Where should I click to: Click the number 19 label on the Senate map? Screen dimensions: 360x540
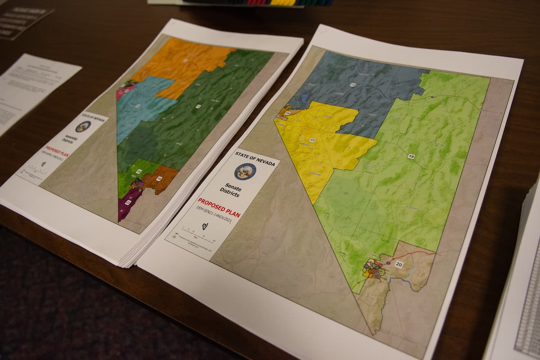tap(411, 156)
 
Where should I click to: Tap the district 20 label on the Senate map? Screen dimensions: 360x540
tap(399, 264)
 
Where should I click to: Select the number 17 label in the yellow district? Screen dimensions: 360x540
tap(313, 140)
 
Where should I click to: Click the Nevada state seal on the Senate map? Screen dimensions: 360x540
tap(245, 171)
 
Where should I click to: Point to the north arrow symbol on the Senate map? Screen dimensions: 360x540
tap(205, 226)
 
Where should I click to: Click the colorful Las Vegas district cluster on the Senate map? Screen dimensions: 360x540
tap(373, 269)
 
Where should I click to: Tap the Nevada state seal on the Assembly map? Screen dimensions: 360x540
tap(83, 126)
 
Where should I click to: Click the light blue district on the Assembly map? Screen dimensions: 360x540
tap(139, 106)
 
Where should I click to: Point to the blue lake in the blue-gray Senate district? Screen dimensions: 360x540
tap(305, 98)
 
